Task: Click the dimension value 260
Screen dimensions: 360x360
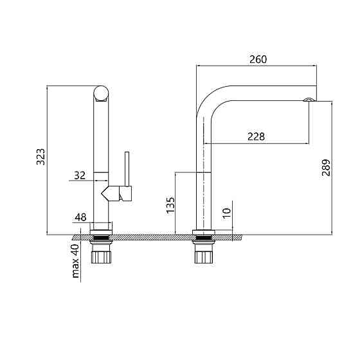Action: coord(257,59)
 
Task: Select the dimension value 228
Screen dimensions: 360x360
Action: coord(256,136)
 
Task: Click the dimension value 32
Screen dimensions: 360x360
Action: coord(80,175)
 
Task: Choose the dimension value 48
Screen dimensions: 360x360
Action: coord(80,217)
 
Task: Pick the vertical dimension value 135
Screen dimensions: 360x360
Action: coord(170,204)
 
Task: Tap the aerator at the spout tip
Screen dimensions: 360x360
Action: coord(309,99)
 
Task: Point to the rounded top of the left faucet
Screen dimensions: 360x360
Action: coord(101,93)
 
